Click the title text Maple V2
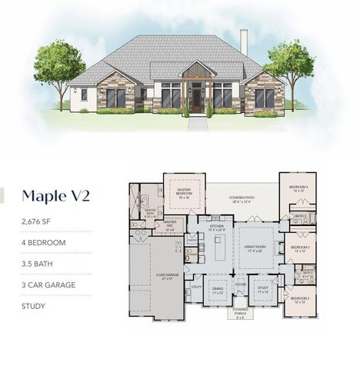pos(55,195)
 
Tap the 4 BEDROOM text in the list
pos(43,243)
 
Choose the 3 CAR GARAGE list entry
pos(48,284)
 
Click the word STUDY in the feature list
pos(34,306)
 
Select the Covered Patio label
pos(242,198)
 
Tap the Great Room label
pos(254,249)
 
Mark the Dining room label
pos(218,291)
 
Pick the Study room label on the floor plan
pos(262,291)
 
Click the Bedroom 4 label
pos(298,188)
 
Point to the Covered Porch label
pos(241,312)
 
